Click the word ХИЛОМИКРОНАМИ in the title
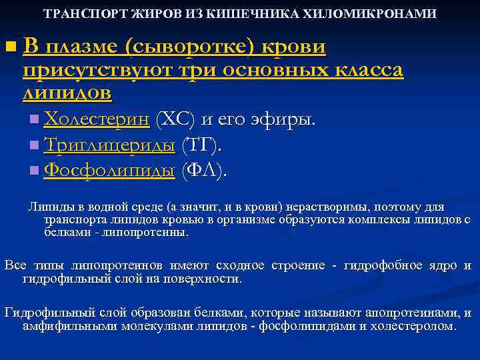(x=381, y=13)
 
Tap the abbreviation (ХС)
(x=175, y=120)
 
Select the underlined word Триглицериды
(x=109, y=145)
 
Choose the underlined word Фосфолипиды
(x=109, y=171)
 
